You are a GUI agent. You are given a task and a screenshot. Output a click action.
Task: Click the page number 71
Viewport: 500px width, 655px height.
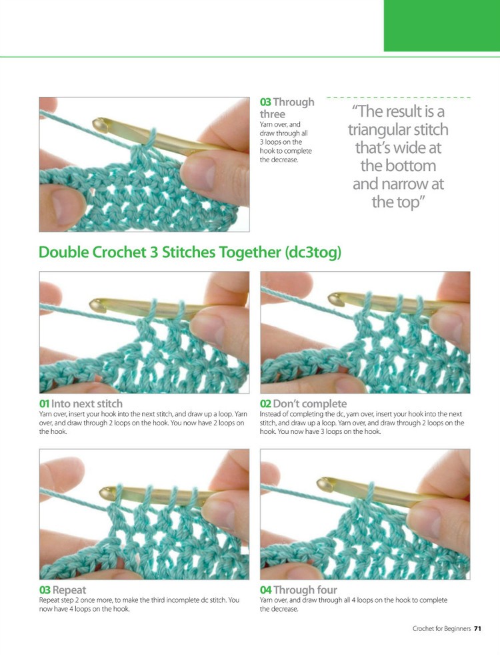(478, 628)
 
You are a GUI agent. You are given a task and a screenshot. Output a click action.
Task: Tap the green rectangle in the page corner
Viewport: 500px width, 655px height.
(441, 25)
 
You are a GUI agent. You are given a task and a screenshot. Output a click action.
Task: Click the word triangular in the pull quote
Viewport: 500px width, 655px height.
(398, 130)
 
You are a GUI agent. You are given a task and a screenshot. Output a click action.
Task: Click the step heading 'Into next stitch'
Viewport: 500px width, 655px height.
(87, 404)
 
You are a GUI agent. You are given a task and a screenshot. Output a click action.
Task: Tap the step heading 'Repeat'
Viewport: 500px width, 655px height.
(69, 590)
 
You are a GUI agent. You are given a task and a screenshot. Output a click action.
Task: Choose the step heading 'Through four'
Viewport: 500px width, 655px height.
(305, 590)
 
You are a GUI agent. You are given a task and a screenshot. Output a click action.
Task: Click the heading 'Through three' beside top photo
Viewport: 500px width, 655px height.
(287, 108)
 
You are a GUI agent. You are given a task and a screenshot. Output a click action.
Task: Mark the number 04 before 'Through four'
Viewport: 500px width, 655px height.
(265, 590)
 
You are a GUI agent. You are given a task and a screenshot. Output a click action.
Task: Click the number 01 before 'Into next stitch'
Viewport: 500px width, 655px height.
(45, 404)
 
